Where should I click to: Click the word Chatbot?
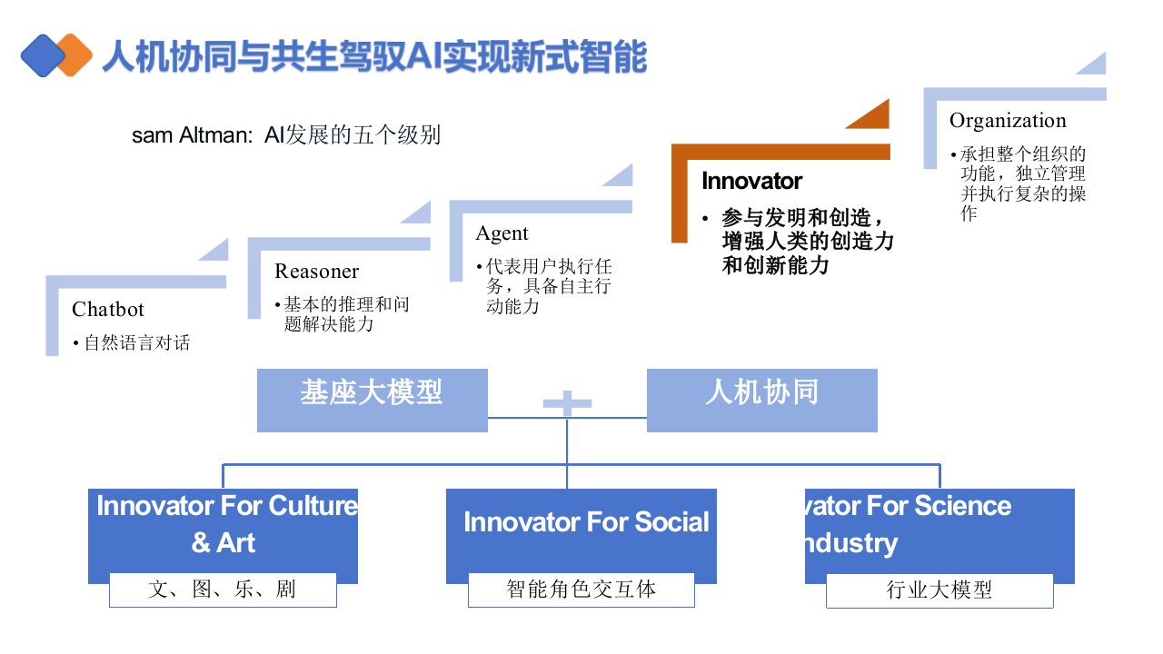(x=108, y=310)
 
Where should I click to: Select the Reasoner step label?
(x=316, y=272)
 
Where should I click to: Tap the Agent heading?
(x=502, y=233)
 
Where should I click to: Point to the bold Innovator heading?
(x=751, y=181)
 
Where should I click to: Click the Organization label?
(x=1008, y=121)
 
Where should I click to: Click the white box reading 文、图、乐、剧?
(x=223, y=590)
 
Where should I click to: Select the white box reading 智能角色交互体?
(x=581, y=590)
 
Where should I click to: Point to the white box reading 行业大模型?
(x=939, y=590)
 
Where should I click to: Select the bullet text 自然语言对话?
(x=137, y=343)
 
